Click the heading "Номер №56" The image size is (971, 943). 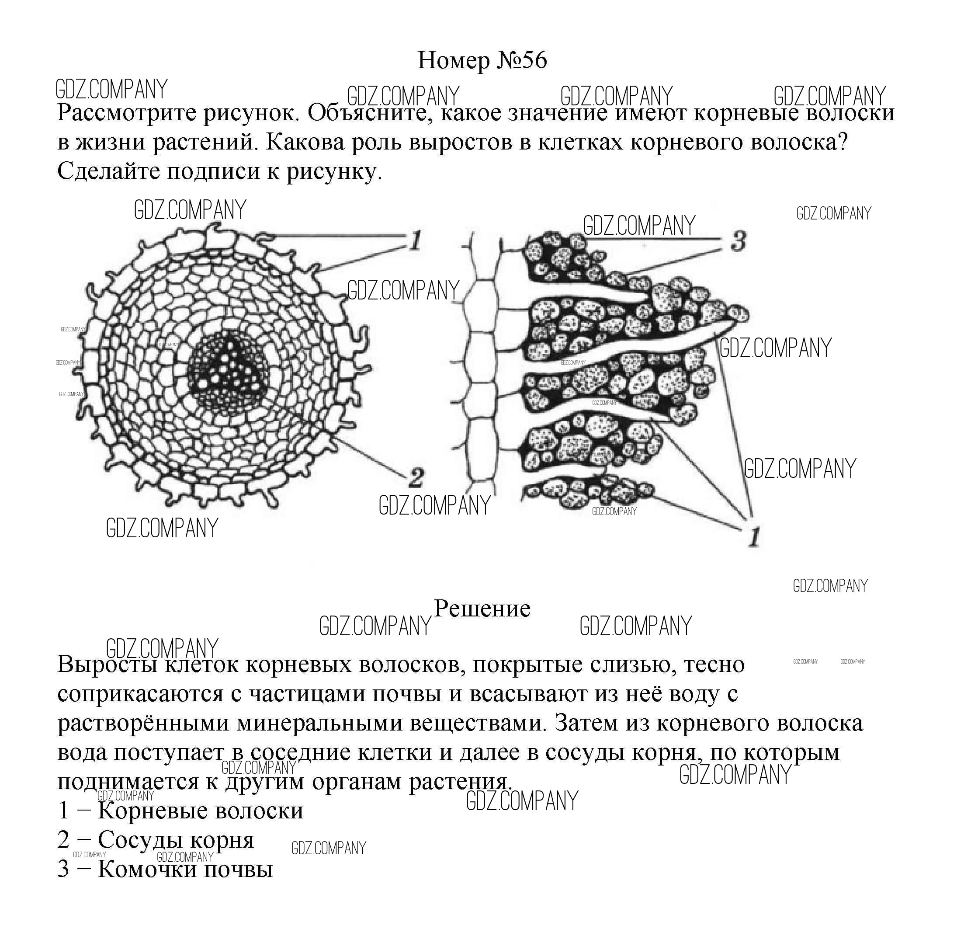click(482, 60)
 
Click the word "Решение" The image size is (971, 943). click(482, 609)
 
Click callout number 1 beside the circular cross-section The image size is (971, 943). click(415, 240)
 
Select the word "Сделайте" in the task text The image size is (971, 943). click(108, 171)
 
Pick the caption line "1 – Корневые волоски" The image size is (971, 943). click(180, 811)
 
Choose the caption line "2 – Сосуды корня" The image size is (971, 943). click(156, 839)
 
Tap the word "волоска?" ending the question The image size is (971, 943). click(799, 143)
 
